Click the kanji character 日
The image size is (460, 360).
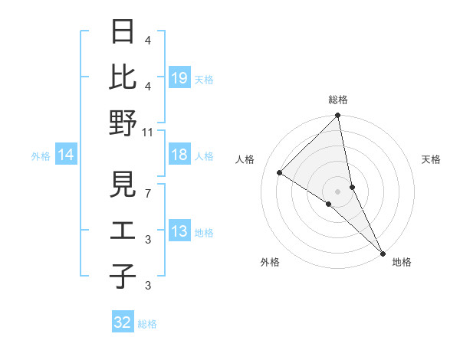[x=123, y=32]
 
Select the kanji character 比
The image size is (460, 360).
[x=123, y=77]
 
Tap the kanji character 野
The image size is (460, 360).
[x=123, y=123]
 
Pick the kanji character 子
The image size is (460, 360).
[x=123, y=276]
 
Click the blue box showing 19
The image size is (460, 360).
[x=179, y=77]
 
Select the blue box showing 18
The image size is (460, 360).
[x=179, y=155]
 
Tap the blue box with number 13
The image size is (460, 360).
[x=179, y=232]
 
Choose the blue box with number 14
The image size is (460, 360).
[x=66, y=155]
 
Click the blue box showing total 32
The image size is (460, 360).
[x=123, y=322]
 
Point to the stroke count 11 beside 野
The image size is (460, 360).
[x=148, y=133]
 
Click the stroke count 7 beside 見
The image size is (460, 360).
[x=148, y=193]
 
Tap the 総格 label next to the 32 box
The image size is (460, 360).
[x=147, y=324]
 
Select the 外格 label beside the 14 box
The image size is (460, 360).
[x=41, y=156]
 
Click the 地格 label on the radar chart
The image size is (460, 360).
[x=402, y=262]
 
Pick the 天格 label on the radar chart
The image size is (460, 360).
[x=431, y=159]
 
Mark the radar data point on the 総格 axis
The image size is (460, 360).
[x=338, y=116]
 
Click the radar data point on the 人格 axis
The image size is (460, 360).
[x=280, y=172]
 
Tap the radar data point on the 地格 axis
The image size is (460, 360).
[x=383, y=252]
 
